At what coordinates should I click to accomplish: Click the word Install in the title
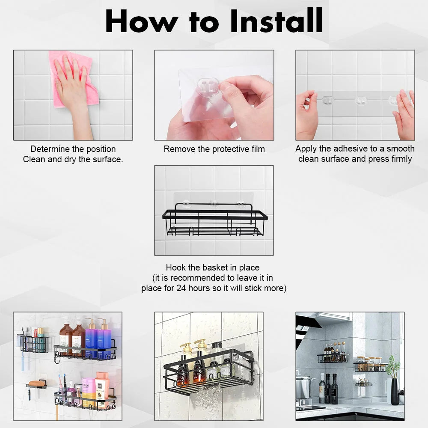coord(276,21)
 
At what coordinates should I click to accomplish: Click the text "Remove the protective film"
coord(214,149)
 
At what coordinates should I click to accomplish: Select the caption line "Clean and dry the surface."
coord(73,159)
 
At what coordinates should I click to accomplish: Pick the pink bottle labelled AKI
coord(89,392)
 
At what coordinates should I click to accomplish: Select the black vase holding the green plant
coord(395,391)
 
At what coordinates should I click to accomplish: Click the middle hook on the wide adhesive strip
coord(361,101)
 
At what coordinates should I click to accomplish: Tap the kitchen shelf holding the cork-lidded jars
coord(370,367)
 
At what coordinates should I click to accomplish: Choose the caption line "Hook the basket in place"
coord(213,267)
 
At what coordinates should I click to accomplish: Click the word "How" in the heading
coord(141,21)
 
